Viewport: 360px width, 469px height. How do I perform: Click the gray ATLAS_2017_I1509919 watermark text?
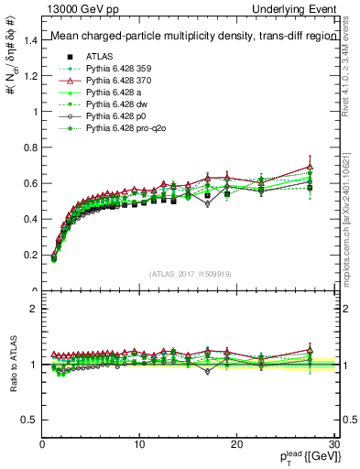pyautogui.click(x=190, y=274)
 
